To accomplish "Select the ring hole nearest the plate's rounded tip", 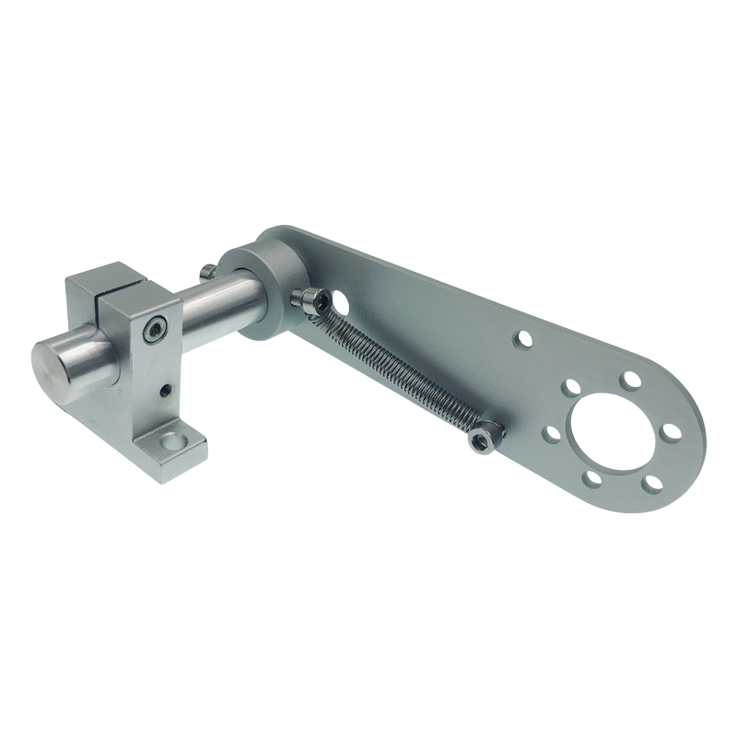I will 670,431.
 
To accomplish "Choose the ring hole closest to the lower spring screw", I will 551,431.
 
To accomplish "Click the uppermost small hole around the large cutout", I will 630,379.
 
